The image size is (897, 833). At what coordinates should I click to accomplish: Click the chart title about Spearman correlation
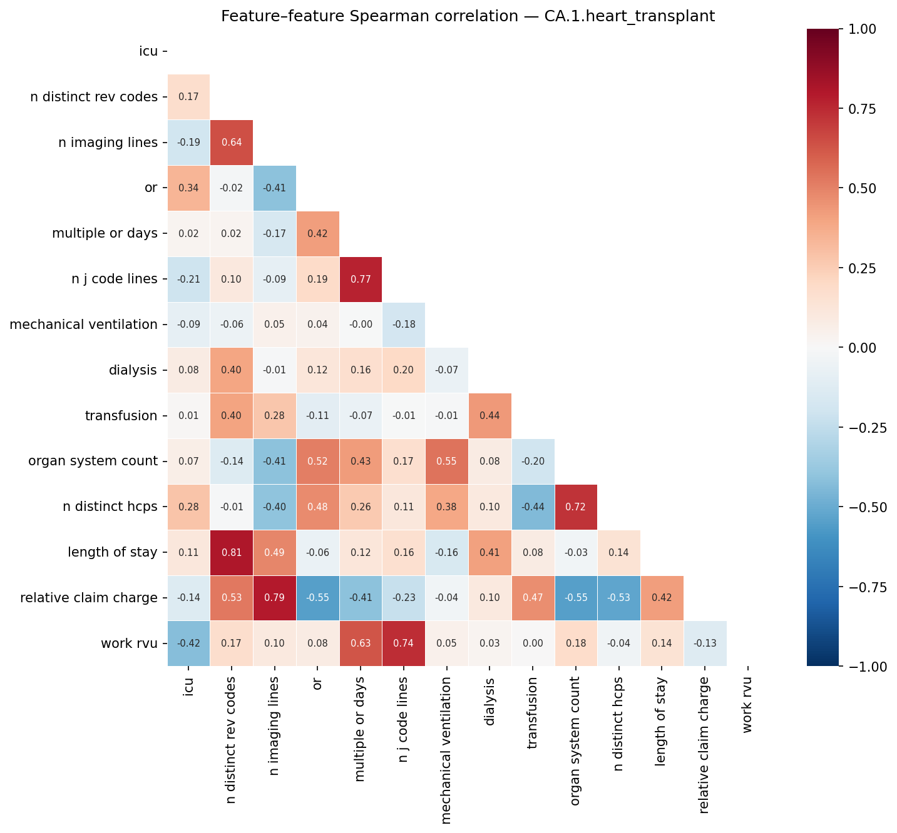coord(468,16)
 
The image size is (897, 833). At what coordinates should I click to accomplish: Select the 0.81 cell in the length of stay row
coord(232,553)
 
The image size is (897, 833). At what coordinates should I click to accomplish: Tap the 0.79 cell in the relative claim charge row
coord(275,598)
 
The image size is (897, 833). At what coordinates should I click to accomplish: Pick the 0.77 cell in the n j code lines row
coord(360,279)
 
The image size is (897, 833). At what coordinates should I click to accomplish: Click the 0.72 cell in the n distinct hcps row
coord(576,507)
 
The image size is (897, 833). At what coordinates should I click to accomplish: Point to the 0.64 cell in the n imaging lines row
coord(232,143)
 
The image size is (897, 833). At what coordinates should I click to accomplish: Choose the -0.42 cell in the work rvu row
coord(188,644)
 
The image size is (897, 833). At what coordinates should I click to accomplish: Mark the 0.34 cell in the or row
coord(188,188)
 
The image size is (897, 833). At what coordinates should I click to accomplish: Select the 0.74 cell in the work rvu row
coord(403,644)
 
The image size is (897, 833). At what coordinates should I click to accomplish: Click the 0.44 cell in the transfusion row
coord(490,416)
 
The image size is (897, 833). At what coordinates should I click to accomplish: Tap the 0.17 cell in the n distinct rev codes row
coord(188,97)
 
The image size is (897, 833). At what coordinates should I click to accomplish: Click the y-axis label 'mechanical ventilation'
coord(83,325)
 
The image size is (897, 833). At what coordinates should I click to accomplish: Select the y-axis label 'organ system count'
coord(93,462)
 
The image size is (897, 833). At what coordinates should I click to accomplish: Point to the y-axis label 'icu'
coord(148,51)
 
